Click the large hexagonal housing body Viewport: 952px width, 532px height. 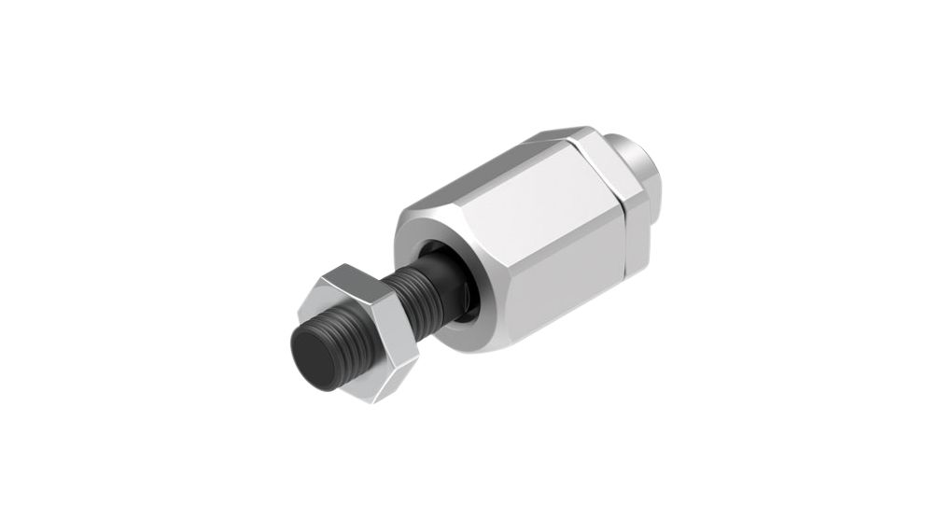click(x=532, y=233)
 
